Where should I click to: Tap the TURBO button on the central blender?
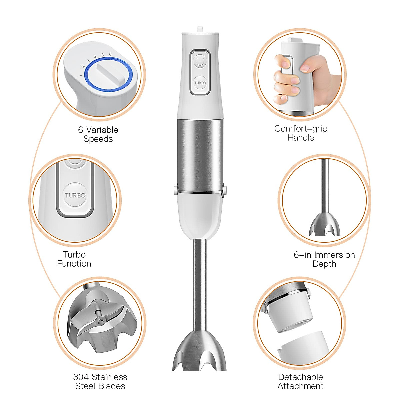[x=200, y=82]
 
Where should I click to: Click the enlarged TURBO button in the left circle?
[x=75, y=195]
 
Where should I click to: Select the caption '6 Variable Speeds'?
[x=98, y=134]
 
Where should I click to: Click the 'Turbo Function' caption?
[x=74, y=259]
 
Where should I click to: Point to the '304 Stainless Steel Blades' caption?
[x=100, y=381]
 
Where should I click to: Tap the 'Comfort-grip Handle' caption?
[x=301, y=133]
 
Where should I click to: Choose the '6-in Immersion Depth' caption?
[x=324, y=259]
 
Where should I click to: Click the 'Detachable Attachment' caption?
[x=300, y=381]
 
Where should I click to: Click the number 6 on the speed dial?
[x=110, y=54]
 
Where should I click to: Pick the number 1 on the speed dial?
[x=81, y=75]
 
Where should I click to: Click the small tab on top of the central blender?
[x=200, y=29]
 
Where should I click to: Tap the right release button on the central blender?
[x=224, y=190]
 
